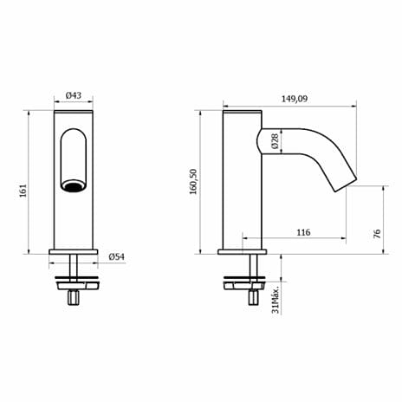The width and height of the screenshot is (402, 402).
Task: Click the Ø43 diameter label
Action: (x=74, y=95)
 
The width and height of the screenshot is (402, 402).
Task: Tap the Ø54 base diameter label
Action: (x=117, y=257)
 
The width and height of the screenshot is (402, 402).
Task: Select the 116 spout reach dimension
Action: (x=302, y=231)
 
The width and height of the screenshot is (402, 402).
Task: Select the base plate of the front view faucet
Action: (x=74, y=251)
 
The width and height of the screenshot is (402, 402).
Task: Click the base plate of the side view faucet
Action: (x=245, y=251)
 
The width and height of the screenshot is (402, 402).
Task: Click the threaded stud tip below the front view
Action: (x=74, y=299)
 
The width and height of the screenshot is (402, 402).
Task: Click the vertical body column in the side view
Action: (x=242, y=199)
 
